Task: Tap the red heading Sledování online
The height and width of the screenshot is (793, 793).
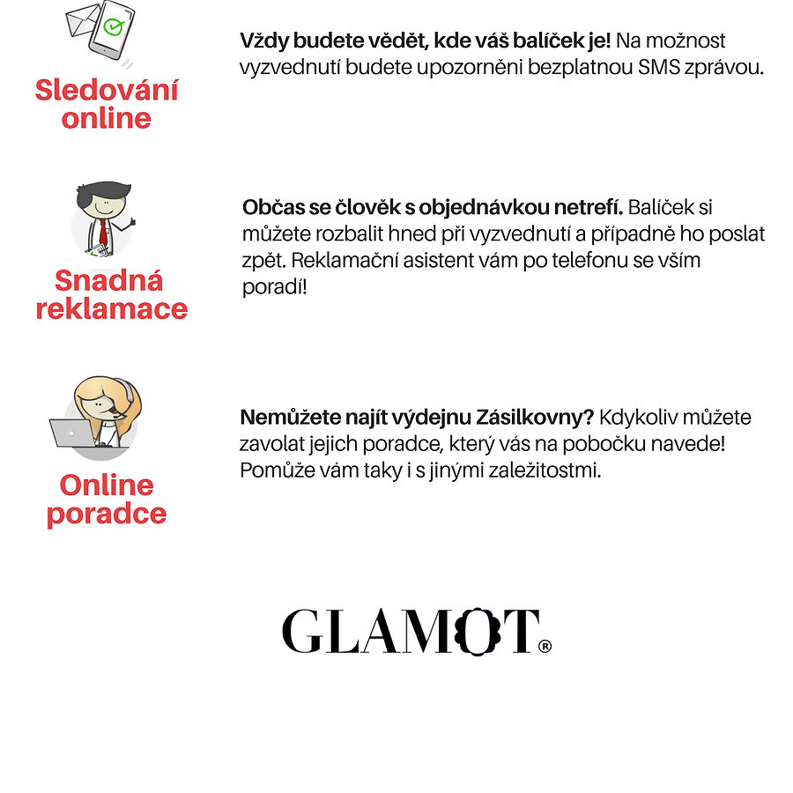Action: click(107, 104)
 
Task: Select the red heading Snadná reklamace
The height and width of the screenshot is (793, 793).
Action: click(111, 294)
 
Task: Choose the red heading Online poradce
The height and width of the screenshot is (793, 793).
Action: click(107, 499)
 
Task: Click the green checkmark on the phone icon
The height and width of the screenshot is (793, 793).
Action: click(113, 26)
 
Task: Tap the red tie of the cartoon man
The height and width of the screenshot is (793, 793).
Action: click(103, 232)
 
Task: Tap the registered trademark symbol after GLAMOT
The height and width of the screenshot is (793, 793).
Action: click(545, 647)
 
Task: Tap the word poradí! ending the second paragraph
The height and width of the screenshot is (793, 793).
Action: click(275, 288)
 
